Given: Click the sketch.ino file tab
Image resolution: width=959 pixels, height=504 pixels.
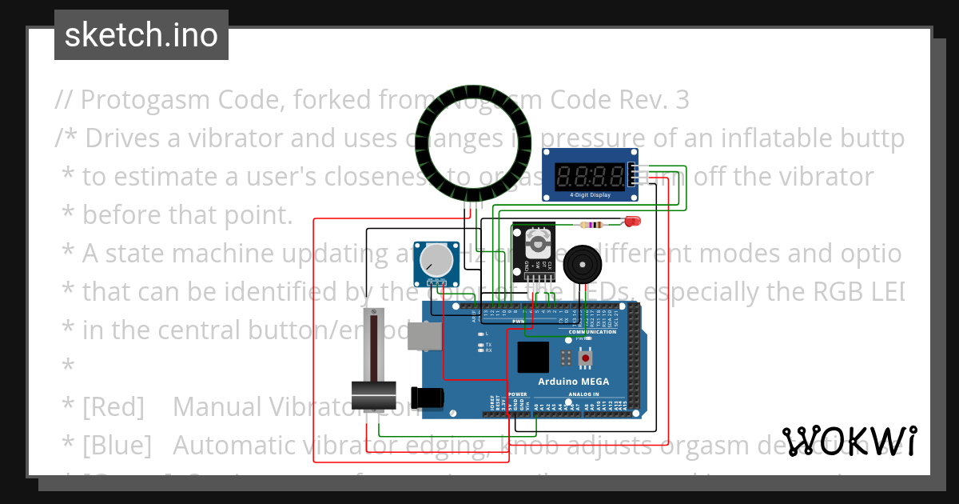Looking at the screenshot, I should pos(141,35).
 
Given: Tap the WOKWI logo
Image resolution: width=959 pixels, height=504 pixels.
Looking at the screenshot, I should pos(850,441).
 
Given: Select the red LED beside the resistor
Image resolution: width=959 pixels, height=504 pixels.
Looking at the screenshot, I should pos(633,221).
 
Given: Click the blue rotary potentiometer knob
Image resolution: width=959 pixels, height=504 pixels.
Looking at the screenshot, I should pos(435,259).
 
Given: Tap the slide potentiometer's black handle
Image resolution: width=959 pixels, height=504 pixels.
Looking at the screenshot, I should pos(374,394).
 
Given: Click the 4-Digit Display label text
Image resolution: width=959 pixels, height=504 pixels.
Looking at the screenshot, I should pos(590,194).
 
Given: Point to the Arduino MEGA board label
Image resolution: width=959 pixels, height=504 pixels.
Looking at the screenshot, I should pos(573,382).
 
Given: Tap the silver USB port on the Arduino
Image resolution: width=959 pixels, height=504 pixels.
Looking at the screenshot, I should pos(424,337).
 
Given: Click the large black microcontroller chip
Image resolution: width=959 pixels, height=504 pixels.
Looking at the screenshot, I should pos(533,358).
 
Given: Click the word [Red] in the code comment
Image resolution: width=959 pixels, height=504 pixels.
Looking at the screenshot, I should pos(113,407).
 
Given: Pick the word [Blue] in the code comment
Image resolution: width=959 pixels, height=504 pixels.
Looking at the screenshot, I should pos(117,445).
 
